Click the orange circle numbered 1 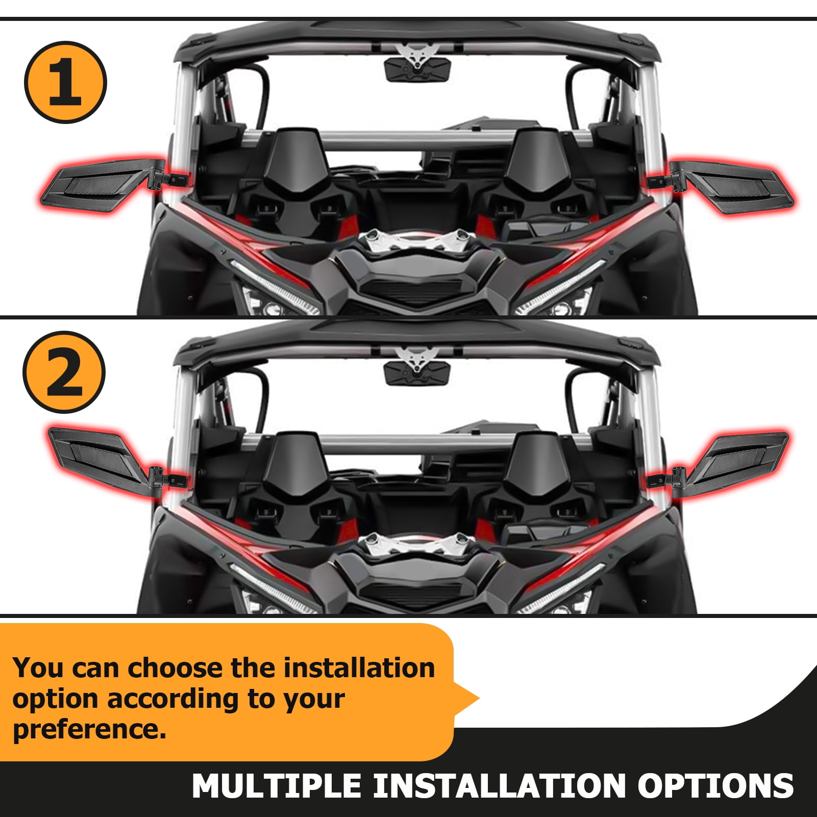[65, 82]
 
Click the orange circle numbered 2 [64, 372]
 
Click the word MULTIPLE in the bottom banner [277, 786]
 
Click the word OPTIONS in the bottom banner [715, 786]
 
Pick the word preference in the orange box [89, 729]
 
